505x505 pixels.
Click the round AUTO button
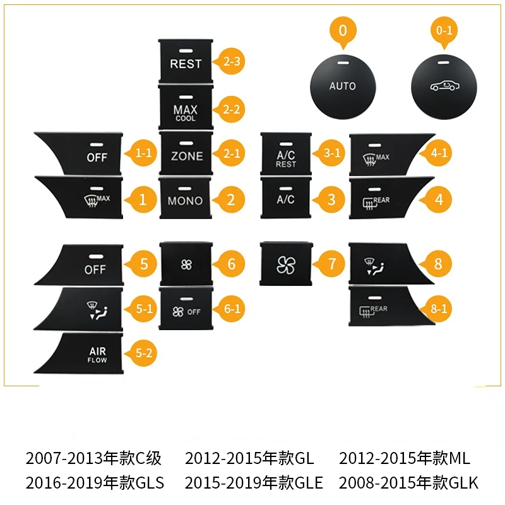click(x=343, y=87)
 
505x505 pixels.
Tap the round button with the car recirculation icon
click(x=444, y=87)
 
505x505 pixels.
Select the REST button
click(x=186, y=60)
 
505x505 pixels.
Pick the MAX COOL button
click(x=186, y=108)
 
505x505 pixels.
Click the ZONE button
click(x=186, y=153)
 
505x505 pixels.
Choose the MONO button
click(x=186, y=198)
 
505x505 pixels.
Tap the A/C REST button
click(x=286, y=153)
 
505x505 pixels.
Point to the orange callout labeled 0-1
click(x=444, y=31)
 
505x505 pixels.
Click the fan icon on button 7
click(x=286, y=265)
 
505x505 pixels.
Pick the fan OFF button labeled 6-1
click(x=186, y=309)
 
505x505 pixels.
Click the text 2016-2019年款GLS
click(x=95, y=483)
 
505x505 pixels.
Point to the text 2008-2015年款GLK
click(x=408, y=483)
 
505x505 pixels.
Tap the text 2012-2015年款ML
click(x=405, y=458)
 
